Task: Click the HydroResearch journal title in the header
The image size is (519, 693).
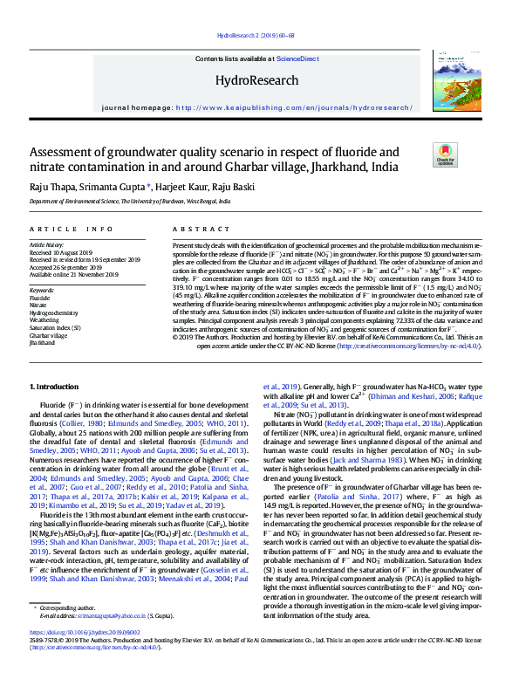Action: pyautogui.click(x=258, y=80)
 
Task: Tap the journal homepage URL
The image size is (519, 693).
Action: pyautogui.click(x=293, y=108)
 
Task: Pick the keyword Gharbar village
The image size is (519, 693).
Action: pyautogui.click(x=49, y=335)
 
